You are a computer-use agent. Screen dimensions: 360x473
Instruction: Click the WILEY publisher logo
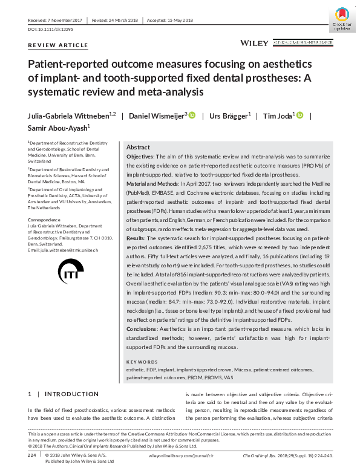pyautogui.click(x=254, y=43)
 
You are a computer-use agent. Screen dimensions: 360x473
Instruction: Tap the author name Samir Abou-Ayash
pyautogui.click(x=59, y=128)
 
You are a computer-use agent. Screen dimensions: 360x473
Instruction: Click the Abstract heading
pyautogui.click(x=138, y=148)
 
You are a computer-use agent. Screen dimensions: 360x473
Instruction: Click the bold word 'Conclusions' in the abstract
pyautogui.click(x=145, y=328)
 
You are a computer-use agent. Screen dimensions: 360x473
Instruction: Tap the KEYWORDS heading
pyautogui.click(x=142, y=362)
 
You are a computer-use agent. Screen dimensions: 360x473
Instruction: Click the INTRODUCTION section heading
pyautogui.click(x=71, y=394)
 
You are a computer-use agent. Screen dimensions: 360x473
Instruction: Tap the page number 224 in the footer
pyautogui.click(x=33, y=454)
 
